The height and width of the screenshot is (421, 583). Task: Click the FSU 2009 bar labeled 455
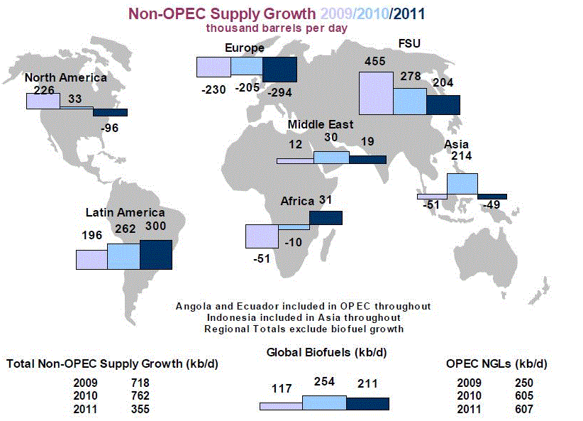tap(376, 92)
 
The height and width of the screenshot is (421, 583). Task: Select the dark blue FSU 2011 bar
tap(443, 104)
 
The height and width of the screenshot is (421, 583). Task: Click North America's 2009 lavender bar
tap(43, 101)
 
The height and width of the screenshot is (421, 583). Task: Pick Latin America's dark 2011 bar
tap(156, 254)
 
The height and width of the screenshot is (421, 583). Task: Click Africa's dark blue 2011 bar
tap(326, 217)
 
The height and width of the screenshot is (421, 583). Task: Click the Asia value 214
tap(461, 156)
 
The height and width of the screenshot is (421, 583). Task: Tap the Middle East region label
tap(320, 125)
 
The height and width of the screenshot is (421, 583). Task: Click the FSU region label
tap(409, 44)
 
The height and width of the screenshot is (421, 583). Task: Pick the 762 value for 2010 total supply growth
tap(140, 395)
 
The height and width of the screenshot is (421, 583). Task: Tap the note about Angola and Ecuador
tap(303, 305)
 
